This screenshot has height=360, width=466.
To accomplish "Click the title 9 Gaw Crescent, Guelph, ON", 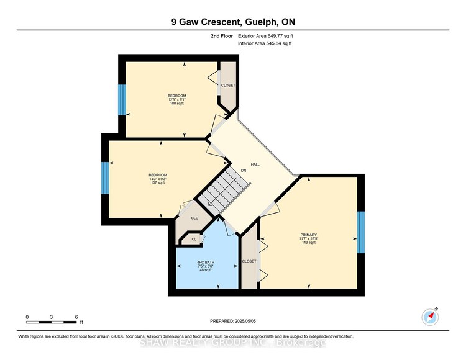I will (x=233, y=23).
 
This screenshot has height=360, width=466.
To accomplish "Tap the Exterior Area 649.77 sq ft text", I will (x=264, y=37).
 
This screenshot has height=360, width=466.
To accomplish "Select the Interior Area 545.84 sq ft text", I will (x=263, y=44).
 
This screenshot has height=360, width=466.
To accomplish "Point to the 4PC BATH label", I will (x=208, y=264).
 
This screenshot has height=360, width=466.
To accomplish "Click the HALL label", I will (x=255, y=164).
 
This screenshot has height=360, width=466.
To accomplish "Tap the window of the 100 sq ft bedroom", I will (x=122, y=99).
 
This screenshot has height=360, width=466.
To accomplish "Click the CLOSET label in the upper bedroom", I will (x=228, y=85).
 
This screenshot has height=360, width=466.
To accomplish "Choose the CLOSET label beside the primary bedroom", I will (x=249, y=261).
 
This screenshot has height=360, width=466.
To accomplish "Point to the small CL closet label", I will (x=193, y=239).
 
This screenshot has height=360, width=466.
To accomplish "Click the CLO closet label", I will (x=194, y=218).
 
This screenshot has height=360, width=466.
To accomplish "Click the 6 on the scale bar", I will (x=76, y=317).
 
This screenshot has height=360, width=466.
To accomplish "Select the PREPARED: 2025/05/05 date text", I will (x=233, y=320).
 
